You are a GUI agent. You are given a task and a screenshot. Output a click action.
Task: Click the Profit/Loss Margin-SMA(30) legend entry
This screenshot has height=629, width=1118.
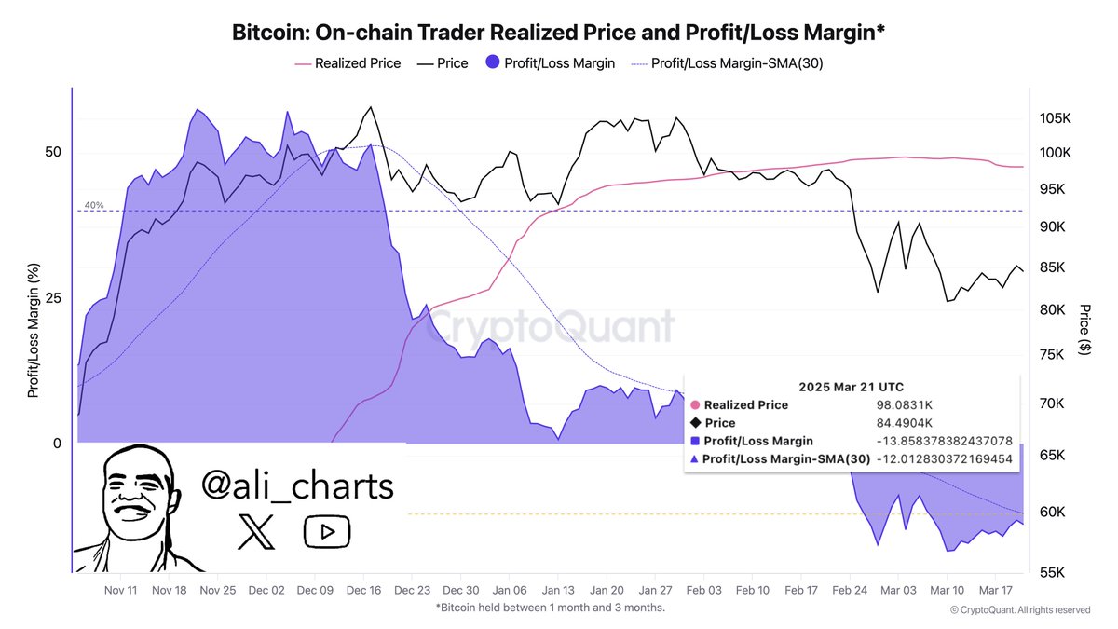click(727, 63)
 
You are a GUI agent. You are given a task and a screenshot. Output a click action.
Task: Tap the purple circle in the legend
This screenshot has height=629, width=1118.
click(494, 63)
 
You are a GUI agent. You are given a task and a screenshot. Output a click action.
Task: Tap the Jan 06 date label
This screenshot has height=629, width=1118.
click(510, 590)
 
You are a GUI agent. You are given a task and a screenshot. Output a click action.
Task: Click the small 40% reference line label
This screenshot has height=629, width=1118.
click(94, 205)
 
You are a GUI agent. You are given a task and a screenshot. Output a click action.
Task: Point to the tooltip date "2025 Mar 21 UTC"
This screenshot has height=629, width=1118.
click(851, 387)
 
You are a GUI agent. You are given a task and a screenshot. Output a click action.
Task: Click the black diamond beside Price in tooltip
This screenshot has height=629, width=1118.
click(695, 423)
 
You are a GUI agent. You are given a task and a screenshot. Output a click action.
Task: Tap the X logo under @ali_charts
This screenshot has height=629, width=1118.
click(251, 532)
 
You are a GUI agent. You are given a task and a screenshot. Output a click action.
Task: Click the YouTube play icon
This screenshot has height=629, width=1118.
click(326, 532)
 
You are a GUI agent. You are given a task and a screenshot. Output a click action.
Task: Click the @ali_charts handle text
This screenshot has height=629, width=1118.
click(297, 485)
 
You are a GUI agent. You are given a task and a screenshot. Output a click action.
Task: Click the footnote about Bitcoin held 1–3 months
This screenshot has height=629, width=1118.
click(550, 608)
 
